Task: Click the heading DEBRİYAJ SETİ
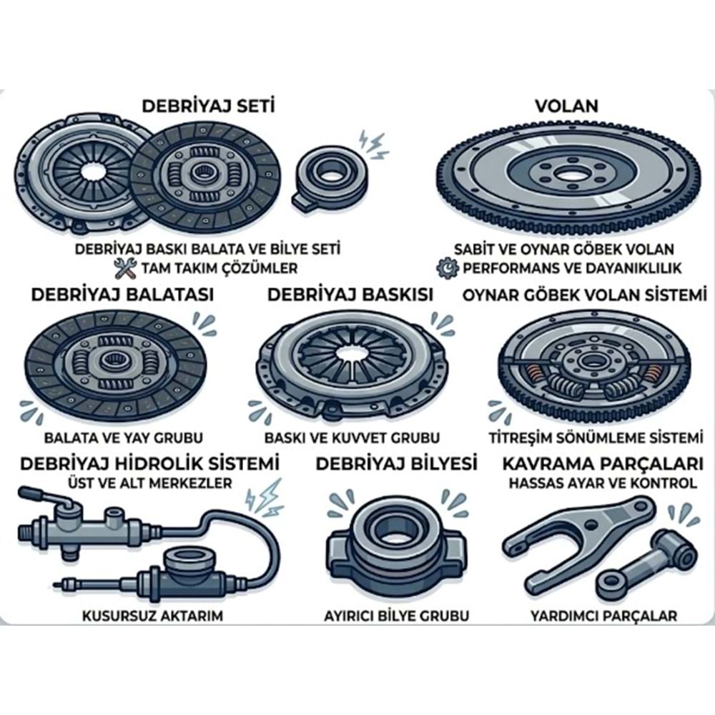[x=208, y=107]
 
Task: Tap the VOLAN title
[x=566, y=106]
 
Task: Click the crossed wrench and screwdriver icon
[x=124, y=268]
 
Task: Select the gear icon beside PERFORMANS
[x=448, y=267]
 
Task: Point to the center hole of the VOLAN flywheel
[x=567, y=174]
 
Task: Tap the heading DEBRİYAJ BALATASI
[x=122, y=295]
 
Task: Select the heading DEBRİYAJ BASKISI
[x=350, y=295]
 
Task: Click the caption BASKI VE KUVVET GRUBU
[x=352, y=438]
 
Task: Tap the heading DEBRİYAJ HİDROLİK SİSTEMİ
[x=149, y=464]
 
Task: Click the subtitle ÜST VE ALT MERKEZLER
[x=150, y=483]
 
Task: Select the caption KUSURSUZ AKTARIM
[x=152, y=616]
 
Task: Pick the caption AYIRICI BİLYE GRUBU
[x=396, y=616]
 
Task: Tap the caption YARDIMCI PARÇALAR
[x=603, y=616]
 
